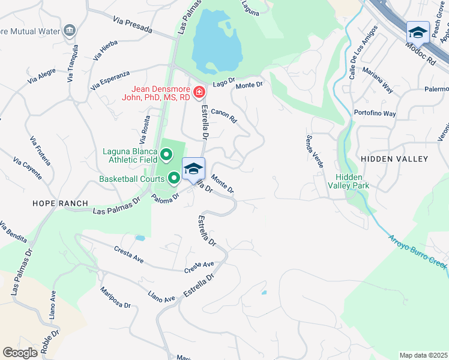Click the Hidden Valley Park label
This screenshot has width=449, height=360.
(x=352, y=181)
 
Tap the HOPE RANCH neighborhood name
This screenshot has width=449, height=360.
(x=60, y=203)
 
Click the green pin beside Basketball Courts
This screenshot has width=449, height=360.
(x=175, y=178)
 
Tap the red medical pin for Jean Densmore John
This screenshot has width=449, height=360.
(x=199, y=93)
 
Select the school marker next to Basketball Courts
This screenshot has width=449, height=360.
(x=193, y=168)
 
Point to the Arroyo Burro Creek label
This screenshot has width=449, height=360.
(x=418, y=252)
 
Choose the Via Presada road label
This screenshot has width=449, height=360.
(x=132, y=24)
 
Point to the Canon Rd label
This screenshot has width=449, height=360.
(x=224, y=115)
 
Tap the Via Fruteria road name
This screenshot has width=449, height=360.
(x=40, y=151)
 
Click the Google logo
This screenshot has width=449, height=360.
(x=20, y=353)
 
